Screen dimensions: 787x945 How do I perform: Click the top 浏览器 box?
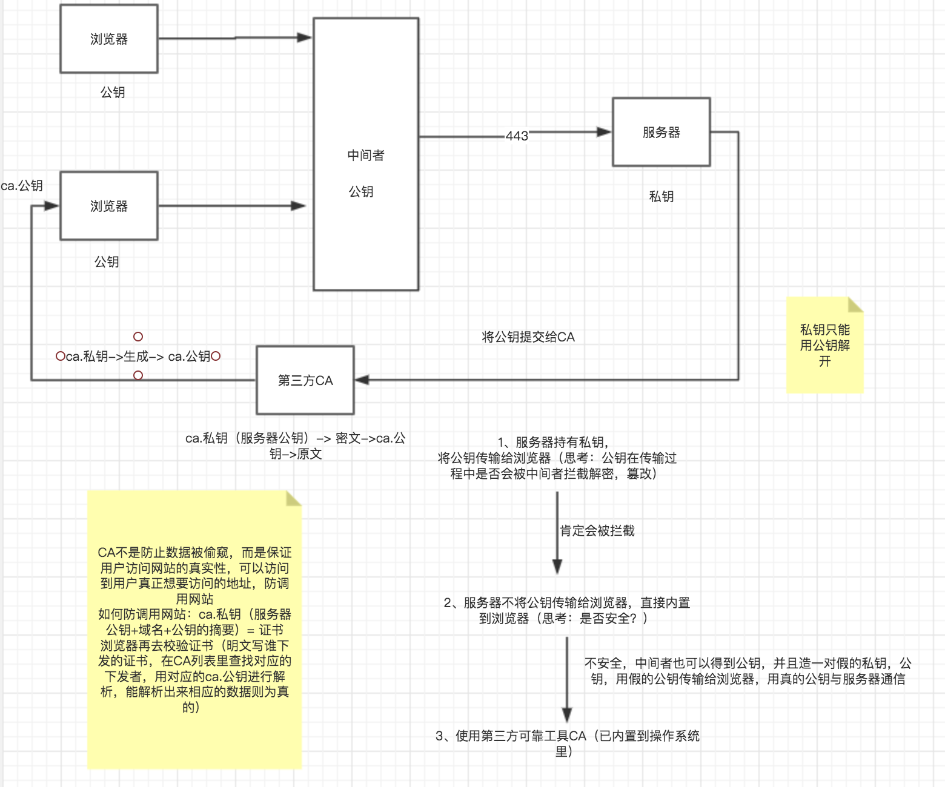coord(109,39)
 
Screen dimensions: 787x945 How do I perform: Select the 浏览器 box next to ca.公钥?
coord(109,206)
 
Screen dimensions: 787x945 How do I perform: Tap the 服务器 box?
coord(661,132)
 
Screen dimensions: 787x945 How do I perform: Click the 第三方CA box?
coord(305,380)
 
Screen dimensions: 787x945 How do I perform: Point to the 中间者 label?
coord(365,156)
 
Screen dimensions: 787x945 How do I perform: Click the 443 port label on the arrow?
coord(517,136)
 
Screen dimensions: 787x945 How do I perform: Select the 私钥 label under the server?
coord(661,196)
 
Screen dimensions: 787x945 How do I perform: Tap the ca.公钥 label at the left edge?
coord(22,185)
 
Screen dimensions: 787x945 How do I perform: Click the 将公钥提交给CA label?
coord(528,337)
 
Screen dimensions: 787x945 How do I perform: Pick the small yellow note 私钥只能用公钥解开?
coord(824,346)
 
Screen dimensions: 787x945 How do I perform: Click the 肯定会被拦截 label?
coord(597,531)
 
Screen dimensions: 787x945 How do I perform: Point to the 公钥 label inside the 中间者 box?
coord(361,192)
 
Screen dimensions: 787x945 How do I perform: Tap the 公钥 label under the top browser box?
coord(113,92)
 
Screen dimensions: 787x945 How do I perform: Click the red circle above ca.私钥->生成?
coord(138,337)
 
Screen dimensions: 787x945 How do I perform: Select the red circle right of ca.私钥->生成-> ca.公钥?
coord(216,357)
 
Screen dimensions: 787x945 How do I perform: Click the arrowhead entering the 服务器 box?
coord(604,132)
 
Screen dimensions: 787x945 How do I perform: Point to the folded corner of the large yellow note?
coord(294,498)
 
